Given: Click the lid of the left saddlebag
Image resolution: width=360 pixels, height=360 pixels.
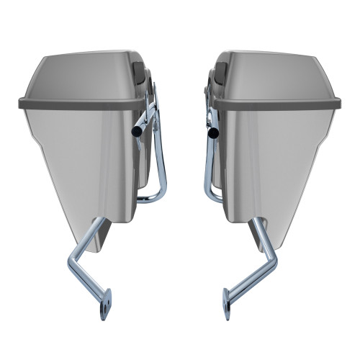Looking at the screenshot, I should click(x=79, y=76).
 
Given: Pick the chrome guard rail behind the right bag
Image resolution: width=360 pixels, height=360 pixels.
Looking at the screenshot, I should click(x=207, y=158).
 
